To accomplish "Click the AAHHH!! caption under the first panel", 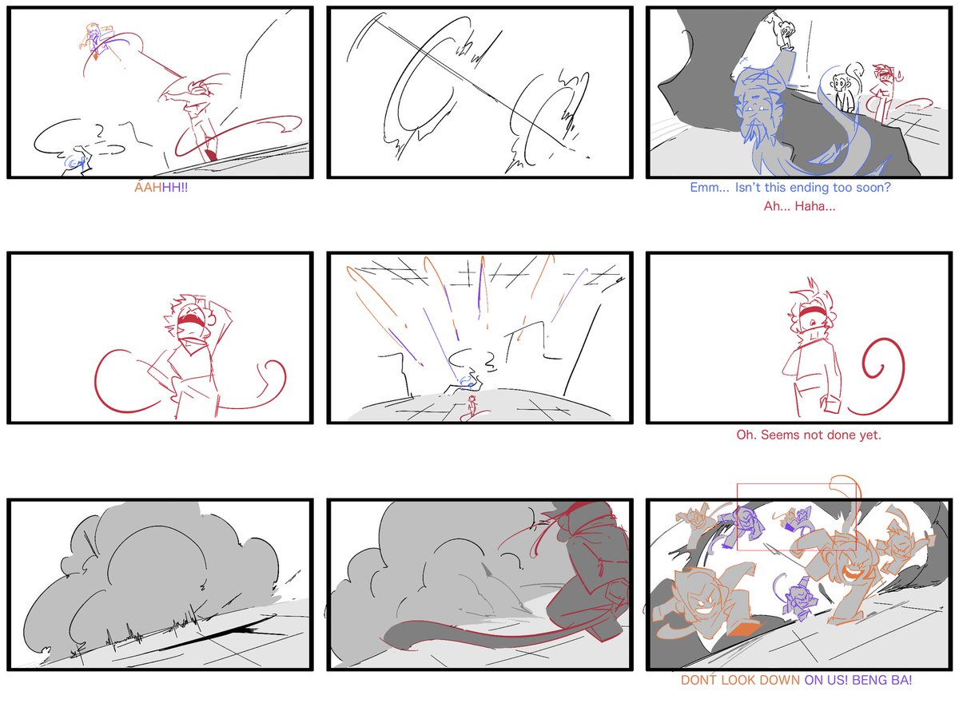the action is pos(161,188).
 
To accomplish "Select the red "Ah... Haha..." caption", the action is pos(799,206).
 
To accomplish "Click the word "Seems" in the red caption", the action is pos(780,435).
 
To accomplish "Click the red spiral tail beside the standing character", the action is pos(878,376).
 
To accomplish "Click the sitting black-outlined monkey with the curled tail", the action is pos(844,89).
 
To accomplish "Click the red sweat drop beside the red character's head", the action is pos(900,77).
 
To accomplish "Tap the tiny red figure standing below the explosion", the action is pos(472,406).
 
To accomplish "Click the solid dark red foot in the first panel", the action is pos(211,154).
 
